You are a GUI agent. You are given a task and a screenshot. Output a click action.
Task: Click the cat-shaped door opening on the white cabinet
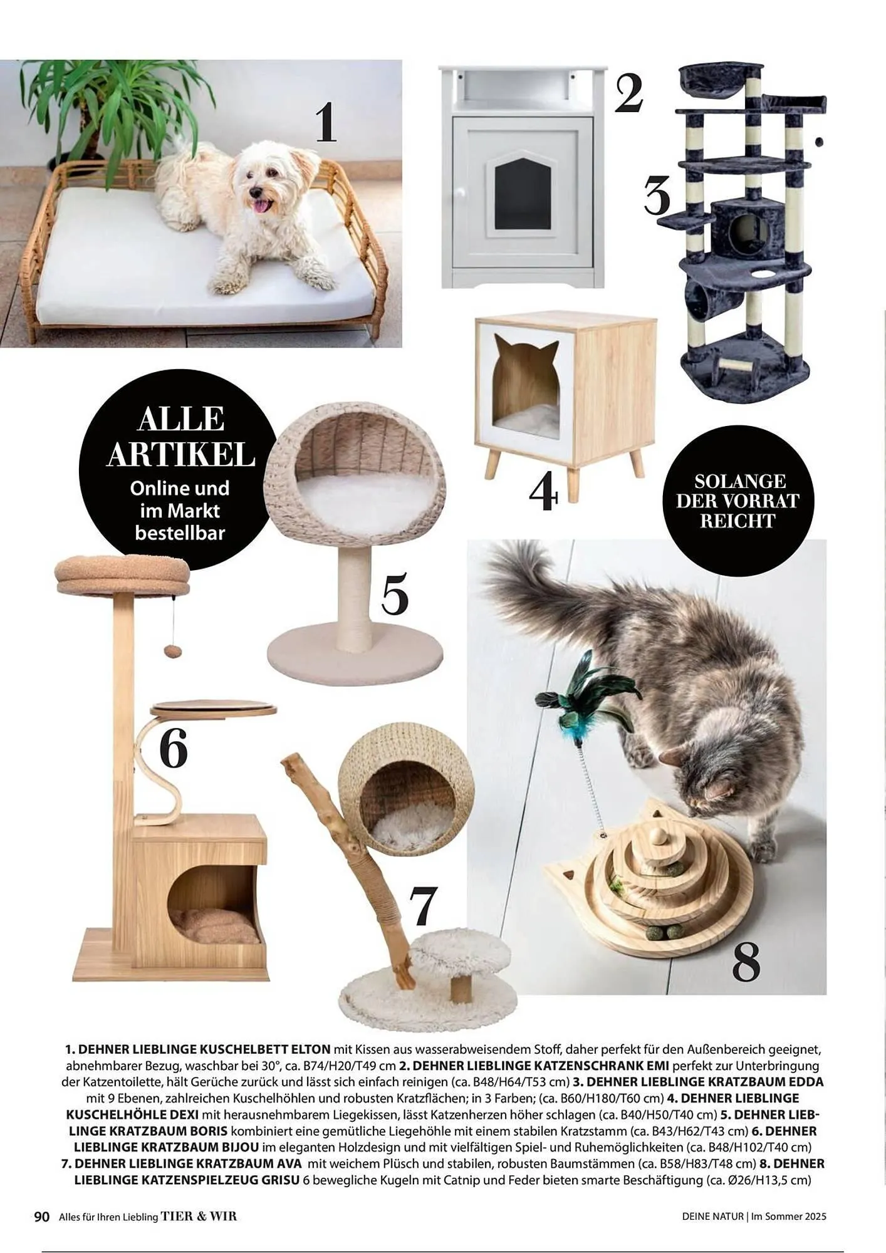pyautogui.click(x=518, y=190)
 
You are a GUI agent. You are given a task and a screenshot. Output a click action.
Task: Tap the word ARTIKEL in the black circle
pyautogui.click(x=181, y=454)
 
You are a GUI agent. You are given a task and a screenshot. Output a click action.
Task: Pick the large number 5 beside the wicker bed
pyautogui.click(x=395, y=592)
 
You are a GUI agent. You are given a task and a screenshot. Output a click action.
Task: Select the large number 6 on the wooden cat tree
pyautogui.click(x=173, y=747)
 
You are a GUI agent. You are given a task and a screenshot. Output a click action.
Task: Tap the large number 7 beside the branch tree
pyautogui.click(x=423, y=905)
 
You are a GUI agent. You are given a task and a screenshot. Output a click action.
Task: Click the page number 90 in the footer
pyautogui.click(x=41, y=1217)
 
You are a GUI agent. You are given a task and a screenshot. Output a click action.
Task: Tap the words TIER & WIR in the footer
pyautogui.click(x=199, y=1217)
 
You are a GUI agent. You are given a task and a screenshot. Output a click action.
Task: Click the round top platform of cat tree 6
pyautogui.click(x=123, y=574)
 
